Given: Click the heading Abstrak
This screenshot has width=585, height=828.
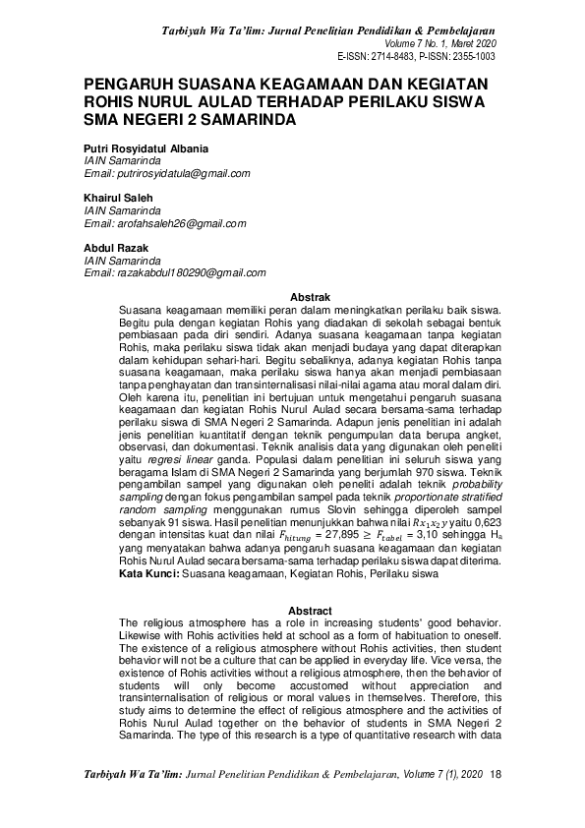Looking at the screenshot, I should tap(311, 297).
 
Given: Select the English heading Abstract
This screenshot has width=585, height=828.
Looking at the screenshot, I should tap(311, 610).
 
